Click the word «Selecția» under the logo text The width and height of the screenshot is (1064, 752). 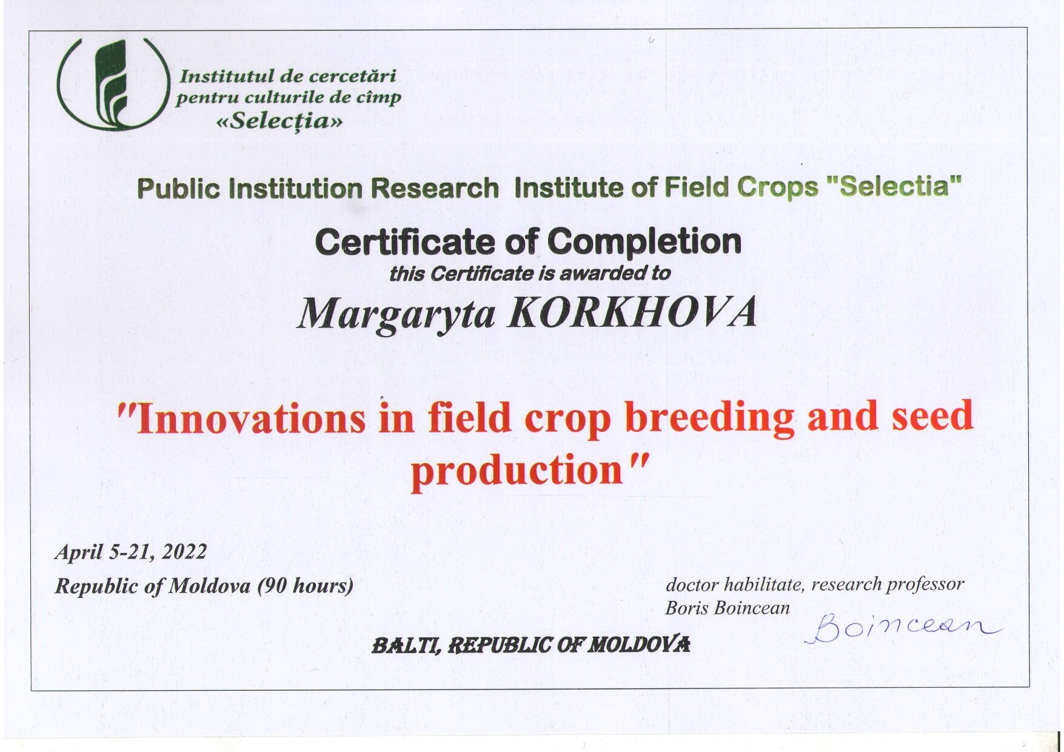pyautogui.click(x=279, y=121)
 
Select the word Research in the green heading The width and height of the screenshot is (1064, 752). pyautogui.click(x=435, y=188)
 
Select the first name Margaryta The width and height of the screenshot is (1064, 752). pyautogui.click(x=396, y=314)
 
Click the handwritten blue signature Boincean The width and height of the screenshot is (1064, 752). pyautogui.click(x=903, y=628)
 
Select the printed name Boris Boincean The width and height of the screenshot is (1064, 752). pyautogui.click(x=728, y=608)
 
